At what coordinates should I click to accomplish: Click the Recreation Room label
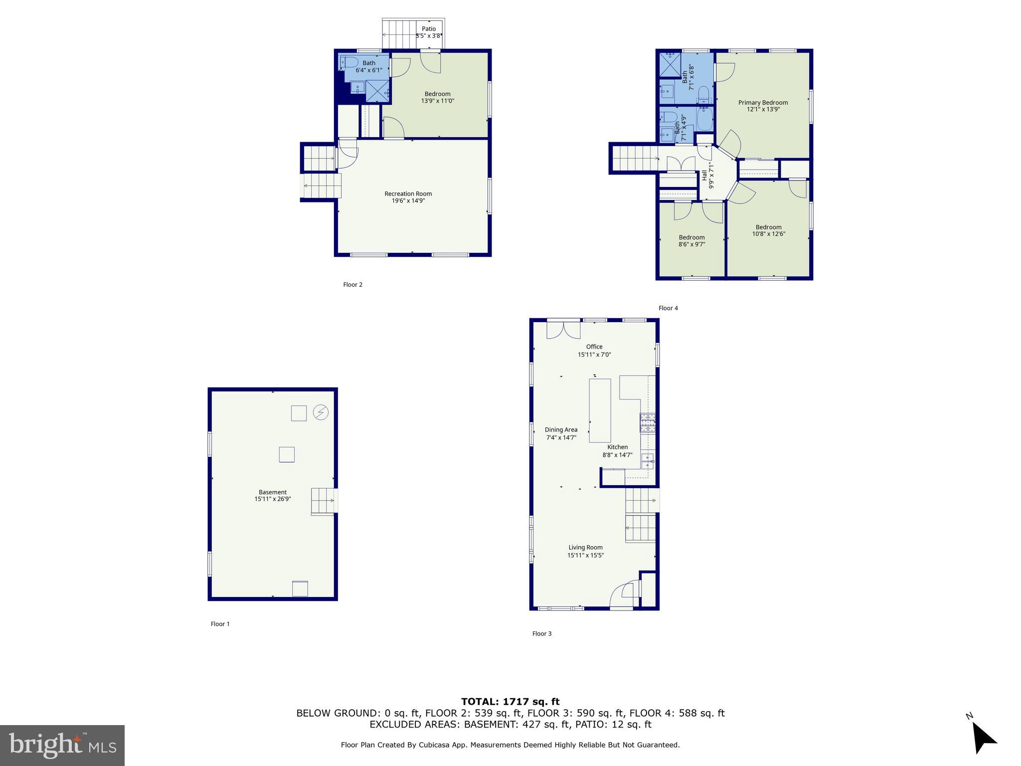(408, 193)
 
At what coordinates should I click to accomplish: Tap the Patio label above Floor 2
(429, 29)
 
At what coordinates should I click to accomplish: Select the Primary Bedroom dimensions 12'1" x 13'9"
(763, 109)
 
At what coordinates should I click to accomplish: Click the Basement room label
(272, 492)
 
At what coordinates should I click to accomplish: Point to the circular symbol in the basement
(321, 412)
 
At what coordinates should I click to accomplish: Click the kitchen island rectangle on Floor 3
(600, 410)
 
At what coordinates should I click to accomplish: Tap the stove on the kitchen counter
(647, 423)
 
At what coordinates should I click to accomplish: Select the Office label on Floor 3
(594, 347)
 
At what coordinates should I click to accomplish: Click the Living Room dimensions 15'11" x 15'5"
(585, 555)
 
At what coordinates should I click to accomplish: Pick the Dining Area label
(561, 429)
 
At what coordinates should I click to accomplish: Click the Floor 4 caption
(668, 308)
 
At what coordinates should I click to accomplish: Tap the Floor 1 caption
(220, 624)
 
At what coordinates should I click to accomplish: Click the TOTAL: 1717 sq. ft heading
(510, 702)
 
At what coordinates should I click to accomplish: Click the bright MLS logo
(62, 745)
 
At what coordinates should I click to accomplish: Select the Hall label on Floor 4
(704, 175)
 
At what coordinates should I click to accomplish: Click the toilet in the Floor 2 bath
(351, 63)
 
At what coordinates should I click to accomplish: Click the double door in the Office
(563, 330)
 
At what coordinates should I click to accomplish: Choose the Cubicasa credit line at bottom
(510, 745)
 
